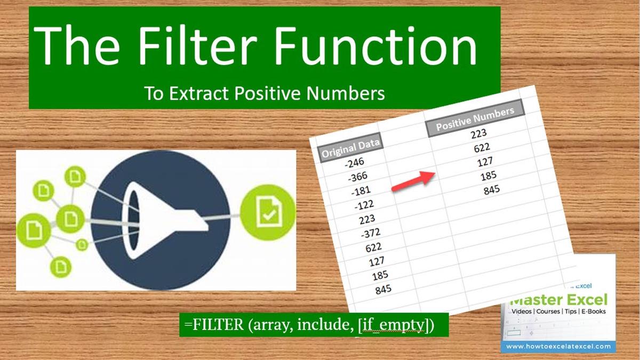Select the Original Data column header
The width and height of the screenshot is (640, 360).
click(351, 147)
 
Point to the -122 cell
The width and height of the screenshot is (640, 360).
click(364, 205)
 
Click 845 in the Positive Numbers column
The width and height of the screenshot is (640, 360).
click(492, 189)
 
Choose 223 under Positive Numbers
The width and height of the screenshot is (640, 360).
click(478, 133)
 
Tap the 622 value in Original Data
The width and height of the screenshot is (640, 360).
click(373, 247)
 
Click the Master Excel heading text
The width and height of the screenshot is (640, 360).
click(559, 299)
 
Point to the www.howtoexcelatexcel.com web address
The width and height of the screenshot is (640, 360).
click(558, 346)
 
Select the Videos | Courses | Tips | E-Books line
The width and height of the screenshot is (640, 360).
click(558, 311)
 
